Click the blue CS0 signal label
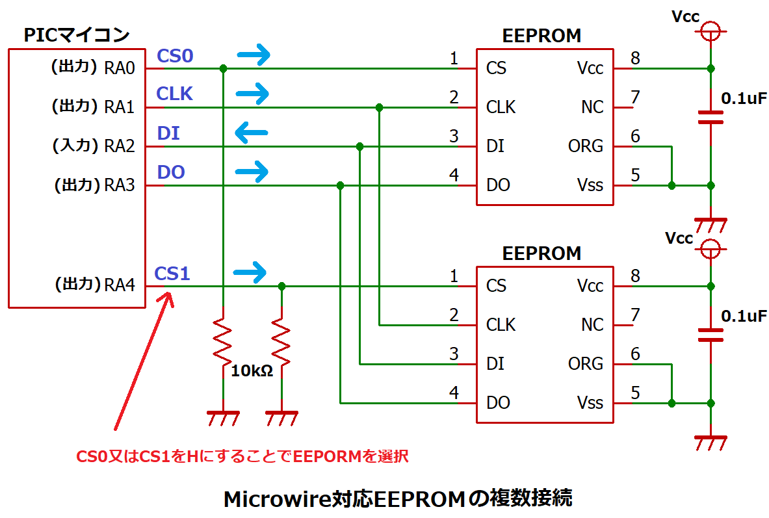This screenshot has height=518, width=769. point(175,56)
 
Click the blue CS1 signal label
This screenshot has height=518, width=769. point(172,274)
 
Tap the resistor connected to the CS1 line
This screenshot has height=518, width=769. point(281,343)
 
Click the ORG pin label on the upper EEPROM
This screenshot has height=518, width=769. point(585,146)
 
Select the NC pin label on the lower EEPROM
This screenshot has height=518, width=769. point(592,324)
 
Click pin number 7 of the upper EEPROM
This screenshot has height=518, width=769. point(635,97)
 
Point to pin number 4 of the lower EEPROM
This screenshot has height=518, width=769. point(454,393)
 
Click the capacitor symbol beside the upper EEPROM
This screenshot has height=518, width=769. point(710,117)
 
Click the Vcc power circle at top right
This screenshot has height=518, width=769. point(710,31)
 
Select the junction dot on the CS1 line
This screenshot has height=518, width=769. point(281,286)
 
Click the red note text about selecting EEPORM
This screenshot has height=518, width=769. point(242,456)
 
